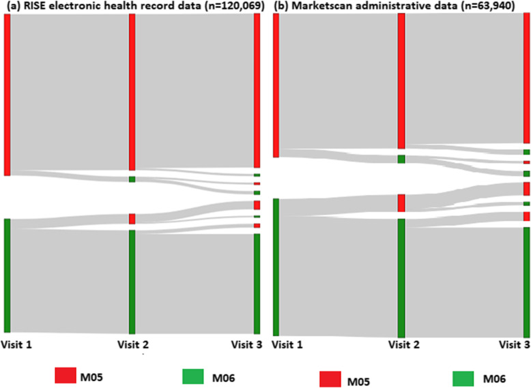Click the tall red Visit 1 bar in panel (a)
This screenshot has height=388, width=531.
click(7, 94)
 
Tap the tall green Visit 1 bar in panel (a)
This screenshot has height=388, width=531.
click(7, 275)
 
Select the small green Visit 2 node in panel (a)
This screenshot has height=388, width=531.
click(132, 179)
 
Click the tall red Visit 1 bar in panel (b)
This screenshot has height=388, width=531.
click(276, 85)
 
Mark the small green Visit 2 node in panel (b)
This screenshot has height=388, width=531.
click(401, 159)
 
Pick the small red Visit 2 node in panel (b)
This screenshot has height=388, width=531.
click(401, 203)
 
